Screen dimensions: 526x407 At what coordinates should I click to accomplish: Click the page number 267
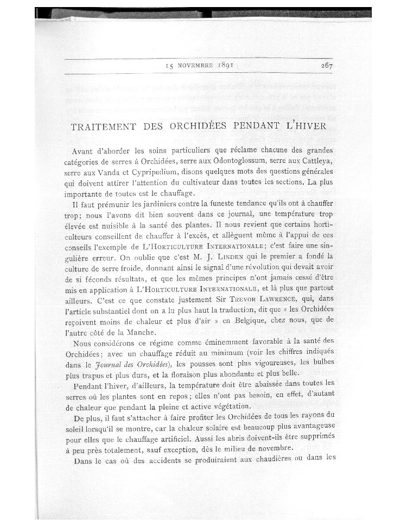326,66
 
